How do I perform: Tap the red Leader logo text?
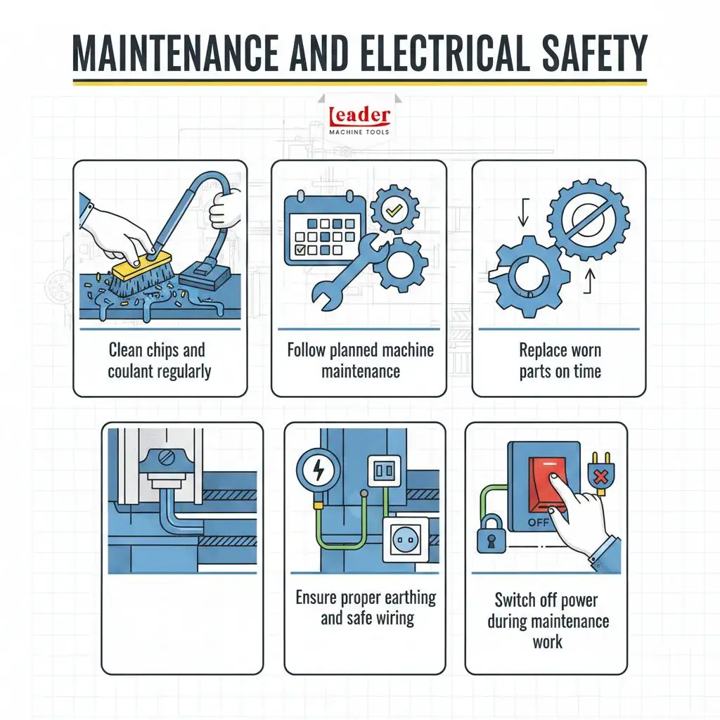tap(359, 117)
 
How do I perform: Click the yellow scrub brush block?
tap(141, 265)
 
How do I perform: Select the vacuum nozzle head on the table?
tap(205, 274)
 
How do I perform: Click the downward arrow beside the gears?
tap(523, 212)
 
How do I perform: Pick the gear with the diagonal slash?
tap(589, 219)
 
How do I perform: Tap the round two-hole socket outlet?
tap(406, 540)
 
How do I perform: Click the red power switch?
tap(548, 485)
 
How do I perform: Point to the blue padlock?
tap(491, 534)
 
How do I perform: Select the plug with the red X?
tap(600, 474)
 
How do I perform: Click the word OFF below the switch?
tap(538, 522)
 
